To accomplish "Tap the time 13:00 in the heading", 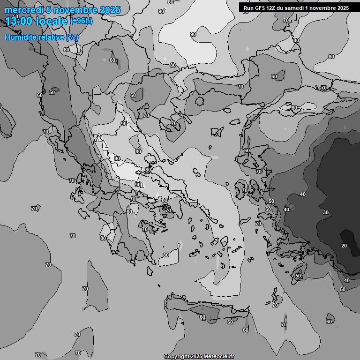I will point(19,21).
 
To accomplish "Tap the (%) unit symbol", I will point(72,37).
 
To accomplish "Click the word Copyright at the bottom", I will point(176,356).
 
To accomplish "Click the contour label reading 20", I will point(344,246).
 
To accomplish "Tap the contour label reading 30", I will point(326,212).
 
